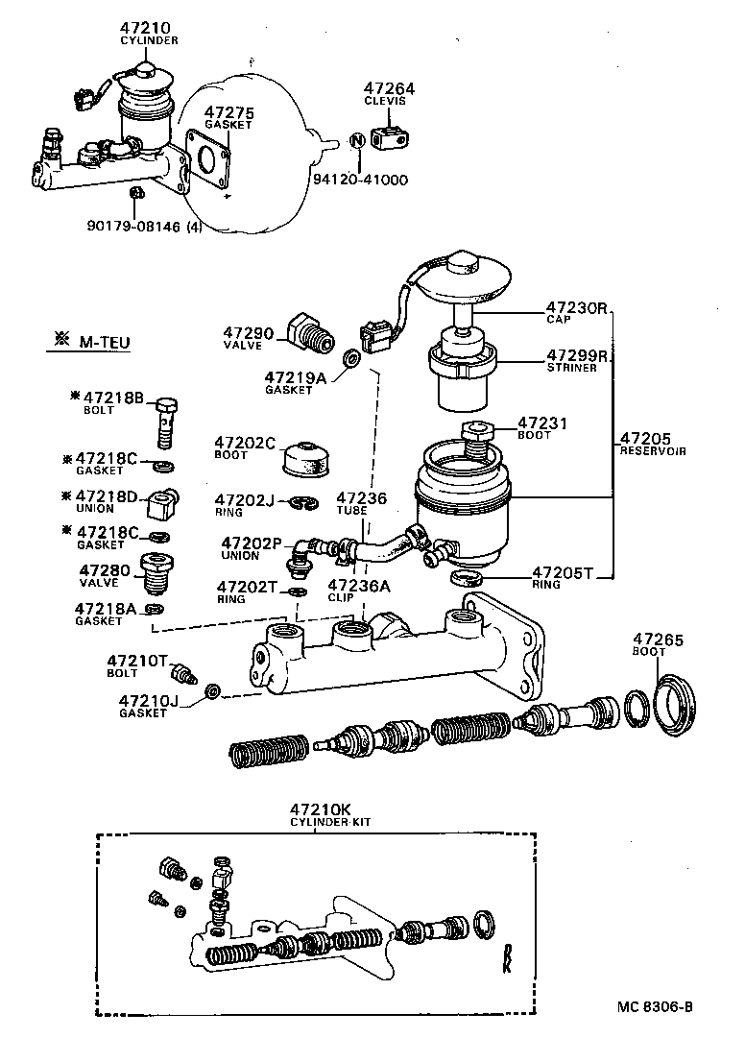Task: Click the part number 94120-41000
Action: pos(360,180)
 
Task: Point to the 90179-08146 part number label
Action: pos(135,226)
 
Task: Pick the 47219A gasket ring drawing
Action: pos(353,361)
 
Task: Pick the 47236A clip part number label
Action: pos(357,585)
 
